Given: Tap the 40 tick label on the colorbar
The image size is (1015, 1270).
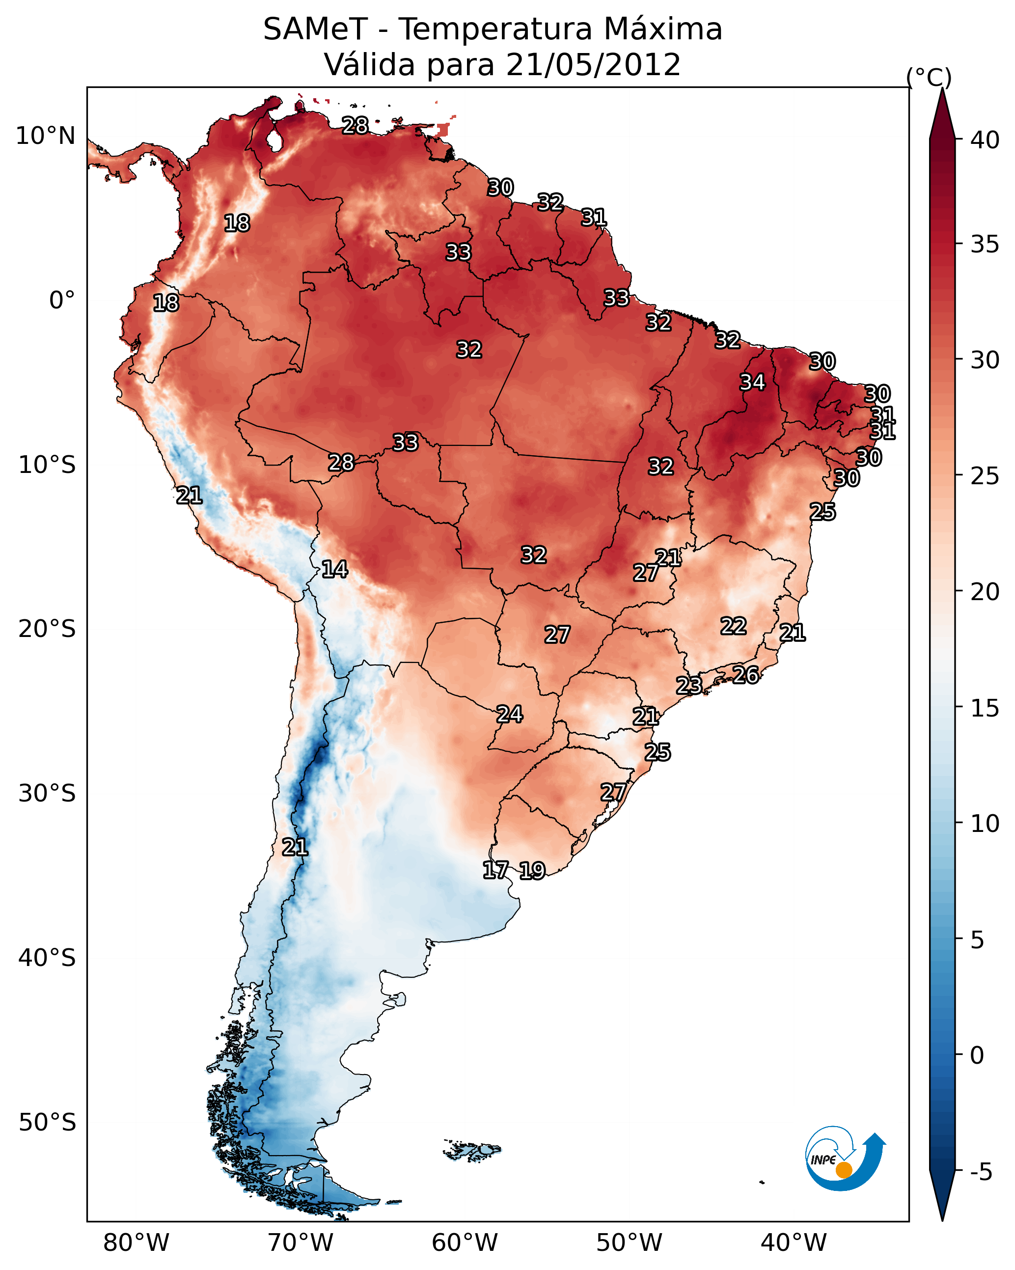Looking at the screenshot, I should click(985, 140).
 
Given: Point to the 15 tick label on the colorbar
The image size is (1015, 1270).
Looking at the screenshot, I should click(985, 708).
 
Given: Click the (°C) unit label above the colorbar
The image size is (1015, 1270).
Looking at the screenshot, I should click(929, 77).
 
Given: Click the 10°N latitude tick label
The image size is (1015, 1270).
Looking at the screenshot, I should click(45, 136).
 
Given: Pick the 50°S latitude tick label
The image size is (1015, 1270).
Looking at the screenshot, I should click(47, 1123).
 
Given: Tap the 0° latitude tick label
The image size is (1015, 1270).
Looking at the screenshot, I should click(62, 301).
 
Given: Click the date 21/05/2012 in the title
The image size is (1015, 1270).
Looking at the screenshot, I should click(593, 65).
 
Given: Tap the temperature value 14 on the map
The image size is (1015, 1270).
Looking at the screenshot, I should click(334, 569).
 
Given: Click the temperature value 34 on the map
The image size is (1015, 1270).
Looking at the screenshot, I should click(752, 382).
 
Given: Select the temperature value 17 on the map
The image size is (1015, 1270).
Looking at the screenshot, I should click(495, 870).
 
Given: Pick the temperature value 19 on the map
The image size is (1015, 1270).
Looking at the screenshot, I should click(532, 871).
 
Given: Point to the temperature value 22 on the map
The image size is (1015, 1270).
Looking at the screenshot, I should click(734, 626).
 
